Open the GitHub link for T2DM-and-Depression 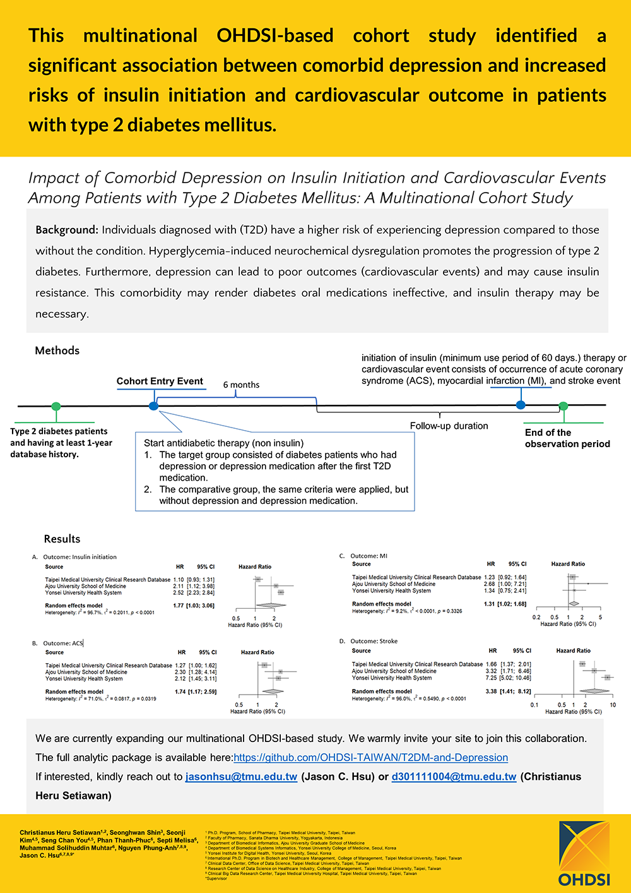pyautogui.click(x=370, y=757)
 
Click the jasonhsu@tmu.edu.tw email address pyautogui.click(x=241, y=776)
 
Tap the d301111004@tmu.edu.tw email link pyautogui.click(x=454, y=776)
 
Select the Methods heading pyautogui.click(x=57, y=351)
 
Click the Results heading pyautogui.click(x=62, y=539)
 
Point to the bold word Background pyautogui.click(x=67, y=230)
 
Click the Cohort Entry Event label pyautogui.click(x=160, y=381)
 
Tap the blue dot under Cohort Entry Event pyautogui.click(x=153, y=405)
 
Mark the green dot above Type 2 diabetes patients pyautogui.click(x=56, y=406)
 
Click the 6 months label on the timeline pyautogui.click(x=241, y=385)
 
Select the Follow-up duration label pyautogui.click(x=449, y=426)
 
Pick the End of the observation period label pyautogui.click(x=567, y=438)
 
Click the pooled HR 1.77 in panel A pyautogui.click(x=179, y=606)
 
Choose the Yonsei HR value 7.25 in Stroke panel pyautogui.click(x=491, y=678)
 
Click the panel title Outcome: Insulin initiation pyautogui.click(x=80, y=557)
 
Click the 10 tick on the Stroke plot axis pyautogui.click(x=613, y=705)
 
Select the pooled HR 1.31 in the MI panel pyautogui.click(x=490, y=604)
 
